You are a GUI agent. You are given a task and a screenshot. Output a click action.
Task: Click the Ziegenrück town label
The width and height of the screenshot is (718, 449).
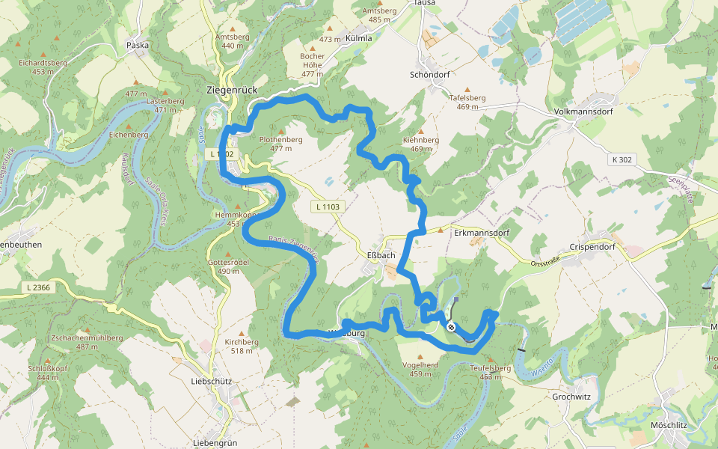point(231,90)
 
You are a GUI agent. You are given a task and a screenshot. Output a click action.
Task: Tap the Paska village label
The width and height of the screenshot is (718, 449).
point(138,45)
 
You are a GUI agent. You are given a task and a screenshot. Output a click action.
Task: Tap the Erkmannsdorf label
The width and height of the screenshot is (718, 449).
point(482,233)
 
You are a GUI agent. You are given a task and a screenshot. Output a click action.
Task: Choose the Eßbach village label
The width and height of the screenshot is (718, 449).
point(381,256)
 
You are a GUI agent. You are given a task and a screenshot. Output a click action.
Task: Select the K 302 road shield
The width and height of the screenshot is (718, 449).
point(621,159)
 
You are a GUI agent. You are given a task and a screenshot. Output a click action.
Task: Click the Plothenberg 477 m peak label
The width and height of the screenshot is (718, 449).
point(280,144)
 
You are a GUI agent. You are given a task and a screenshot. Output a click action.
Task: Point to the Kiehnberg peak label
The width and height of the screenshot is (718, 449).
point(420,144)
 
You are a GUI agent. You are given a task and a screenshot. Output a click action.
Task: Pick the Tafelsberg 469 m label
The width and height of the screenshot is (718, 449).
point(467,102)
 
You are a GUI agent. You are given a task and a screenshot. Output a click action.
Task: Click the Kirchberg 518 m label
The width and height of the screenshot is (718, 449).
point(242,346)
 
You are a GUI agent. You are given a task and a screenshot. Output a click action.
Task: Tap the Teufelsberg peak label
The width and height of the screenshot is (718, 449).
point(491,372)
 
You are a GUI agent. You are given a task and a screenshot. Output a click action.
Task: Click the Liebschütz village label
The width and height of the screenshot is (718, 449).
point(212,381)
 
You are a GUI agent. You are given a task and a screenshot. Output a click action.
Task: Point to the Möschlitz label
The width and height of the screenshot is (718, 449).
point(669,425)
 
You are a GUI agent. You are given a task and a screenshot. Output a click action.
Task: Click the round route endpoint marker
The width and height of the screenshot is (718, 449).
point(451,326)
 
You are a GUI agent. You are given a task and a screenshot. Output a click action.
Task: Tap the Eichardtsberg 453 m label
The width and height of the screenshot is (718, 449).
point(43,67)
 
